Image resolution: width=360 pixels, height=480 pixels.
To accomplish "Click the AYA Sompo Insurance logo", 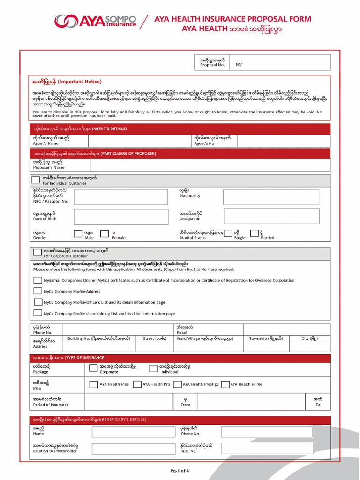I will pos(95,21).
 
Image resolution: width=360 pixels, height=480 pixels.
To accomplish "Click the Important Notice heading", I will pos(67,82).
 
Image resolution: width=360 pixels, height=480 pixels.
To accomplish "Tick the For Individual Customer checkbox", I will pos(36,180).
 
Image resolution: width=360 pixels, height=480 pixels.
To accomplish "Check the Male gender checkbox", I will pos(78,233).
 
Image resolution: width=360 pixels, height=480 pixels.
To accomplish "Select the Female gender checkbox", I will pos(105,233).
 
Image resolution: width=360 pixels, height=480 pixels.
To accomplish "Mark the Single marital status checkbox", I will pos(228,233).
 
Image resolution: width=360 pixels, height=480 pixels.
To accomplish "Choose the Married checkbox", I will pos(254,233).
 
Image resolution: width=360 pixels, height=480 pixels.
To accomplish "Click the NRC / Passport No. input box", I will pos(121,197).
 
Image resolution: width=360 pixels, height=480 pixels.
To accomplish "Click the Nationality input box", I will pos(271,197).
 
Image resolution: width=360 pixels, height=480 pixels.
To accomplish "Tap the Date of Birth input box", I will pos(121,216).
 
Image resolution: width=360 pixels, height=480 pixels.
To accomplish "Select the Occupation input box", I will pos(271,216).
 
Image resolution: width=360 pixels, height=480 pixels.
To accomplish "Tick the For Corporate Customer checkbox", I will pos(37,253).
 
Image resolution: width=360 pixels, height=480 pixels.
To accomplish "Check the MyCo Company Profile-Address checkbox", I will pos(37,291).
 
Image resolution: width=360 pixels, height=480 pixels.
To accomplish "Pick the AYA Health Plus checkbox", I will pos(93,384).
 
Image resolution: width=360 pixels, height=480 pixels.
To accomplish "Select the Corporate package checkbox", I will pos(93,368).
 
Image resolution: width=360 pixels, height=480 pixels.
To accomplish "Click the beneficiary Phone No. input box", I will pos(267,431).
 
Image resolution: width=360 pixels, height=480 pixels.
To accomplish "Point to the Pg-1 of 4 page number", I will pos(180,471).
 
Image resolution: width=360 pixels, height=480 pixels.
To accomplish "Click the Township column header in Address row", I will pos(266,338).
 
